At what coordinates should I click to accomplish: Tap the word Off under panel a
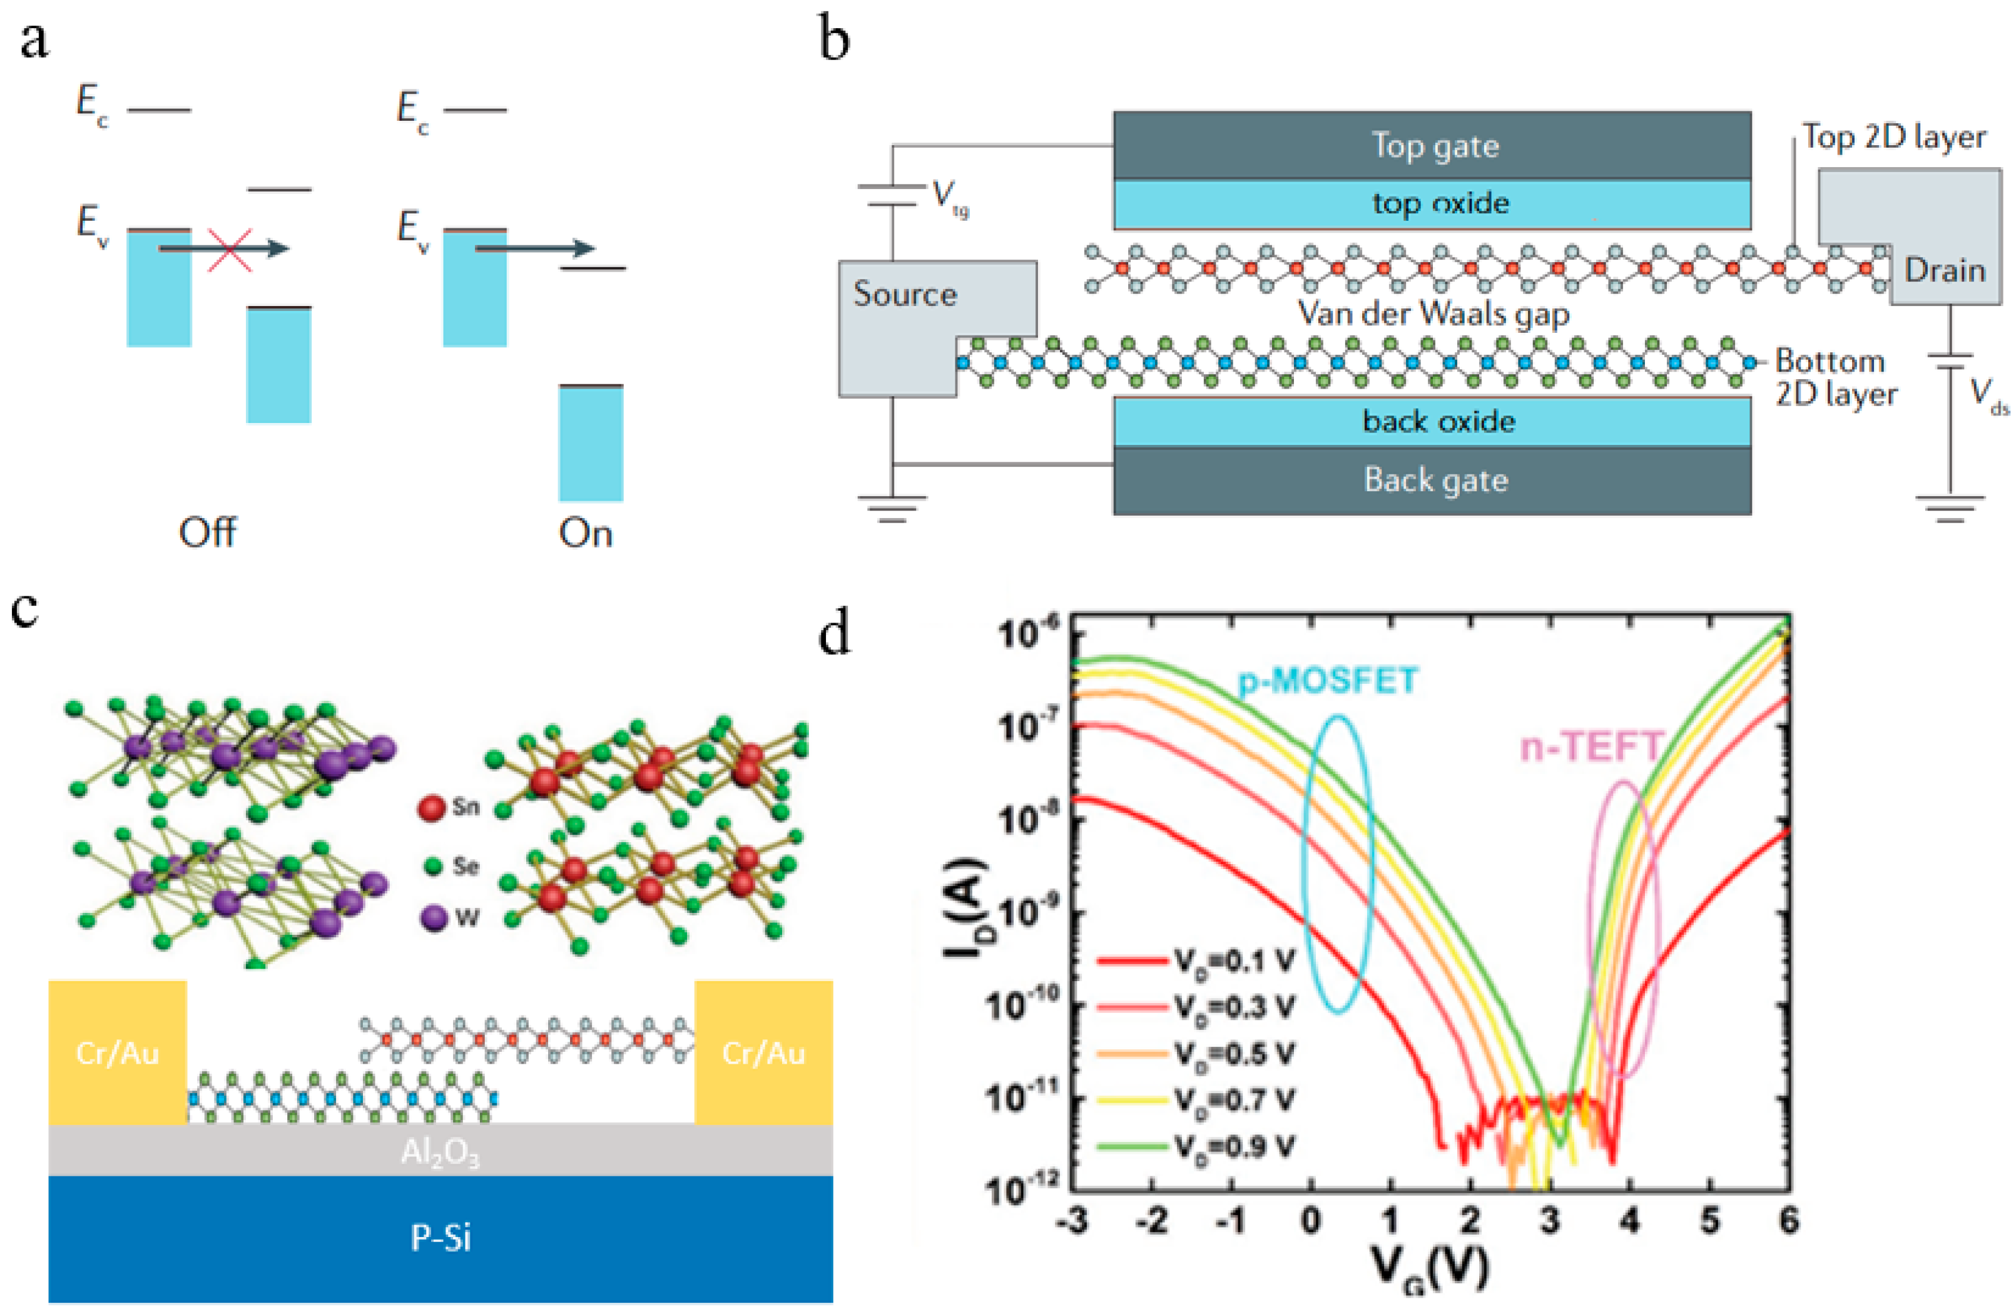pos(208,533)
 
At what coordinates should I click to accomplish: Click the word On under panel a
pos(585,533)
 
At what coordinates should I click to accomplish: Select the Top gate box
pos(1432,146)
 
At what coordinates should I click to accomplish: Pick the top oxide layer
pos(1432,204)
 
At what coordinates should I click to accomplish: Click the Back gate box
pos(1432,481)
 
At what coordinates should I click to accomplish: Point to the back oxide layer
pos(1432,421)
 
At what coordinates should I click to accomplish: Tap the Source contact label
pos(905,294)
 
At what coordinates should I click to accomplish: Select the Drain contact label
pos(1944,270)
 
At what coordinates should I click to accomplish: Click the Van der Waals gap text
pos(1433,314)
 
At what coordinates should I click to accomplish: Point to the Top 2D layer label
pos(1893,136)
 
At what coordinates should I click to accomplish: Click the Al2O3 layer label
pos(440,1151)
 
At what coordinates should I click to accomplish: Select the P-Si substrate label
pos(440,1238)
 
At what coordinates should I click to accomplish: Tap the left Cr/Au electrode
pos(117,1053)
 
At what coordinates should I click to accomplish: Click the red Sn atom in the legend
pos(432,807)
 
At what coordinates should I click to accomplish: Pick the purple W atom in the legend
pos(434,917)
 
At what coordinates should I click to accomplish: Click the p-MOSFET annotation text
pos(1327,680)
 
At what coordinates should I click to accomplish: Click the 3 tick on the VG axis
pos(1550,1221)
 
